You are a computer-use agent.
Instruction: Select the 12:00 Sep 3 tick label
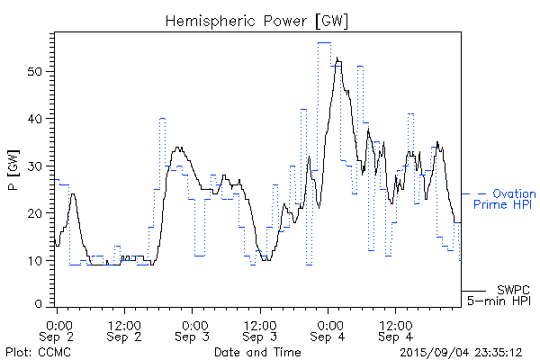coord(259,329)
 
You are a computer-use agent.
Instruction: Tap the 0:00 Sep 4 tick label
coord(328,329)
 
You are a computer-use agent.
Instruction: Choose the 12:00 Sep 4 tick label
coord(395,329)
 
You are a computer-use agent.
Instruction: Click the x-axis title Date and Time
coord(257,352)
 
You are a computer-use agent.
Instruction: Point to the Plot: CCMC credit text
coord(31,352)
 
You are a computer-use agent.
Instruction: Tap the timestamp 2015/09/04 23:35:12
coord(462,352)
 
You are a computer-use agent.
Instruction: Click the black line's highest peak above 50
coord(337,59)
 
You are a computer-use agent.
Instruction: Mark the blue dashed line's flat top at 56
coord(324,42)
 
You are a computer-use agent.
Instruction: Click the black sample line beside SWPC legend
coord(473,291)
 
